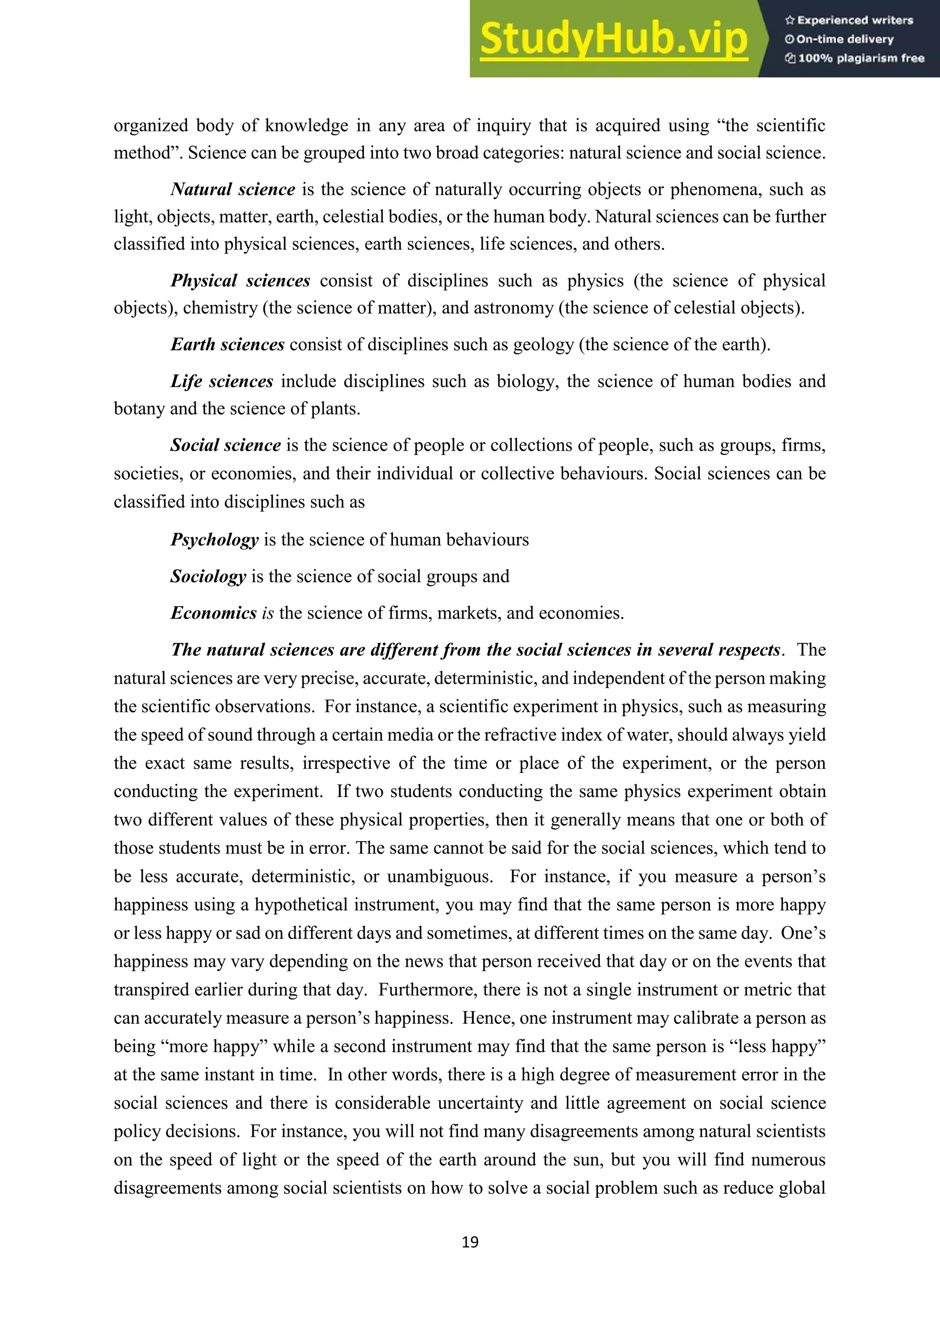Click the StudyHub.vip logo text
click(x=614, y=39)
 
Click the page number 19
click(x=470, y=1242)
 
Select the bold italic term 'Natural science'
click(x=233, y=189)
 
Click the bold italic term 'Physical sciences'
click(x=240, y=281)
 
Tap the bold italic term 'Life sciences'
click(x=222, y=381)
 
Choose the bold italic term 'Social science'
click(x=226, y=445)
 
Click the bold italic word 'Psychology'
click(x=214, y=540)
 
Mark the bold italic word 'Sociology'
click(x=208, y=576)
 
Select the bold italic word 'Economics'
click(x=213, y=613)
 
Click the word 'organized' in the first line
click(x=151, y=126)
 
